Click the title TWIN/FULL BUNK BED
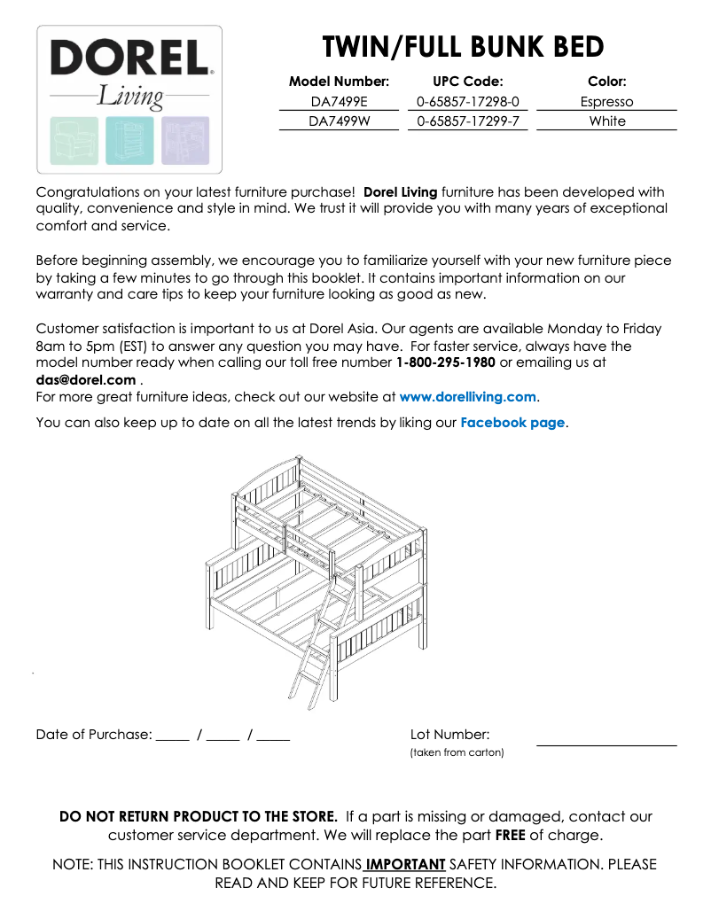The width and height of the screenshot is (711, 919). coord(463,46)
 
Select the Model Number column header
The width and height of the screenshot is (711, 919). coord(339,82)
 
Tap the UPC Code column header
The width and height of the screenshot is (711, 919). coord(467,82)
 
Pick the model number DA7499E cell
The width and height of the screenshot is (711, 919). coord(339,102)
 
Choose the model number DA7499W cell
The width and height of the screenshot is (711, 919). coord(339,121)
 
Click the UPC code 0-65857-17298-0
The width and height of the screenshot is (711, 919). coord(467,102)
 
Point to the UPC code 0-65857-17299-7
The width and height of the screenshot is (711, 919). coord(467,121)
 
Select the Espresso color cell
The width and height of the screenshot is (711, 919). coord(606,102)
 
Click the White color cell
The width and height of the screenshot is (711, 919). coord(606,121)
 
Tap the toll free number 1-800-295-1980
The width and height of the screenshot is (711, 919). coord(446,362)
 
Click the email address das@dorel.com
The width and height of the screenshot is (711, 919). coord(86,379)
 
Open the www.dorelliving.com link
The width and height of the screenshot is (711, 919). coord(467,397)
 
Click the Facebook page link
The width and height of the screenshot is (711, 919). coord(512,423)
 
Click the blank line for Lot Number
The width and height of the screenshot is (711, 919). coord(606,743)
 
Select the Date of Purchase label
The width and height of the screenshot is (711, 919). coord(93,735)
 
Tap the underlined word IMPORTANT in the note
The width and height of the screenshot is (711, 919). coord(405,864)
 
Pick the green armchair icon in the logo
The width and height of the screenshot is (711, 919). coord(74,141)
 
